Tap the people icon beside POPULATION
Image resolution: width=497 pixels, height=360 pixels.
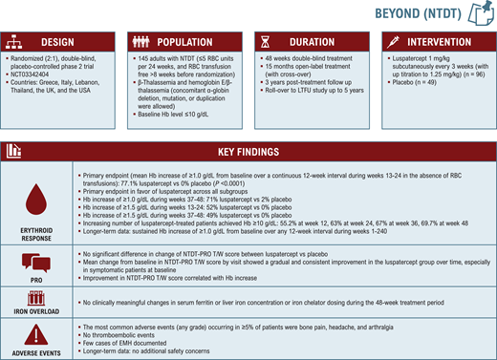pos(140,43)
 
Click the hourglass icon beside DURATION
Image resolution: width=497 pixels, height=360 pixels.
pos(264,43)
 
